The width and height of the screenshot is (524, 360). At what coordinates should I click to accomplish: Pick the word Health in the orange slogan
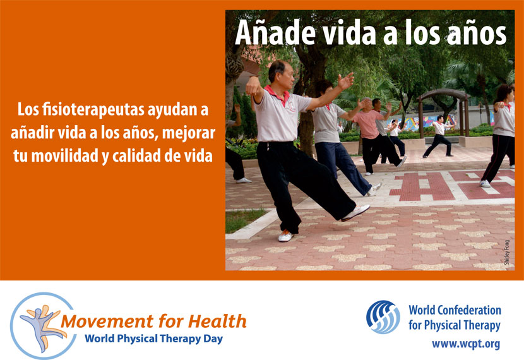tap(217, 321)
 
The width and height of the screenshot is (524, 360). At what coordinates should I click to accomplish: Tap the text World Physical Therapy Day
tap(153, 339)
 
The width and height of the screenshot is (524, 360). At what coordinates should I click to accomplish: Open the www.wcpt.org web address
tap(466, 344)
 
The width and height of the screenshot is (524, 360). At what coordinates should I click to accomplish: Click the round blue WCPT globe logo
tap(383, 317)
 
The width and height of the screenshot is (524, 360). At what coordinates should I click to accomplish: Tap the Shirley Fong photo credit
tap(507, 252)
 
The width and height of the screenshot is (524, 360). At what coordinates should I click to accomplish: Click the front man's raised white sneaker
tap(355, 213)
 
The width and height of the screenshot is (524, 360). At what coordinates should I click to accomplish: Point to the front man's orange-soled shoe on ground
tap(286, 236)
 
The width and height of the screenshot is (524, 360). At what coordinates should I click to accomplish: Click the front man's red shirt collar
tap(278, 94)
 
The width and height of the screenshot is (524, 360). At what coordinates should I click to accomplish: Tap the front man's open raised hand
tap(345, 81)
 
